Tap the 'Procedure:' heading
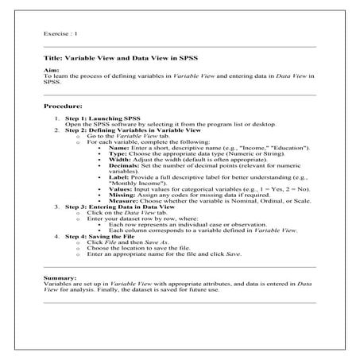coord(65,105)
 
